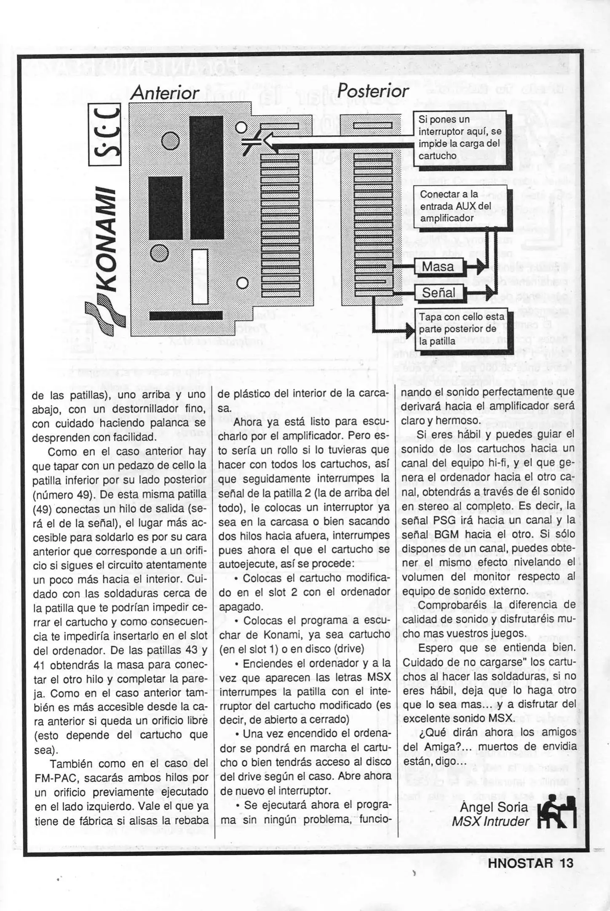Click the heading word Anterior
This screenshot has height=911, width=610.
(164, 93)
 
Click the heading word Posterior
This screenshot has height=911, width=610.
(373, 90)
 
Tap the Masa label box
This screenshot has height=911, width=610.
(438, 267)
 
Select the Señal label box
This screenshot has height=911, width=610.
(439, 292)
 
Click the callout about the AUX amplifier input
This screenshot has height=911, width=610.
(460, 206)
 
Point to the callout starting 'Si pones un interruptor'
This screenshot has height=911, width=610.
(459, 137)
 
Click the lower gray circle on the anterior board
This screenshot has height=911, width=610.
(159, 253)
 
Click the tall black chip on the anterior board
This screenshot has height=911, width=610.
(206, 177)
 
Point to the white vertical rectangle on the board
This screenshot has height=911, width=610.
(200, 276)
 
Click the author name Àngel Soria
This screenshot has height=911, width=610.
(494, 807)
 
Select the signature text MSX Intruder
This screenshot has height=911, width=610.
(490, 821)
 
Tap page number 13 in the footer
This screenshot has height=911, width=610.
(567, 863)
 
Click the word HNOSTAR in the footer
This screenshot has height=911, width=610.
(520, 863)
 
